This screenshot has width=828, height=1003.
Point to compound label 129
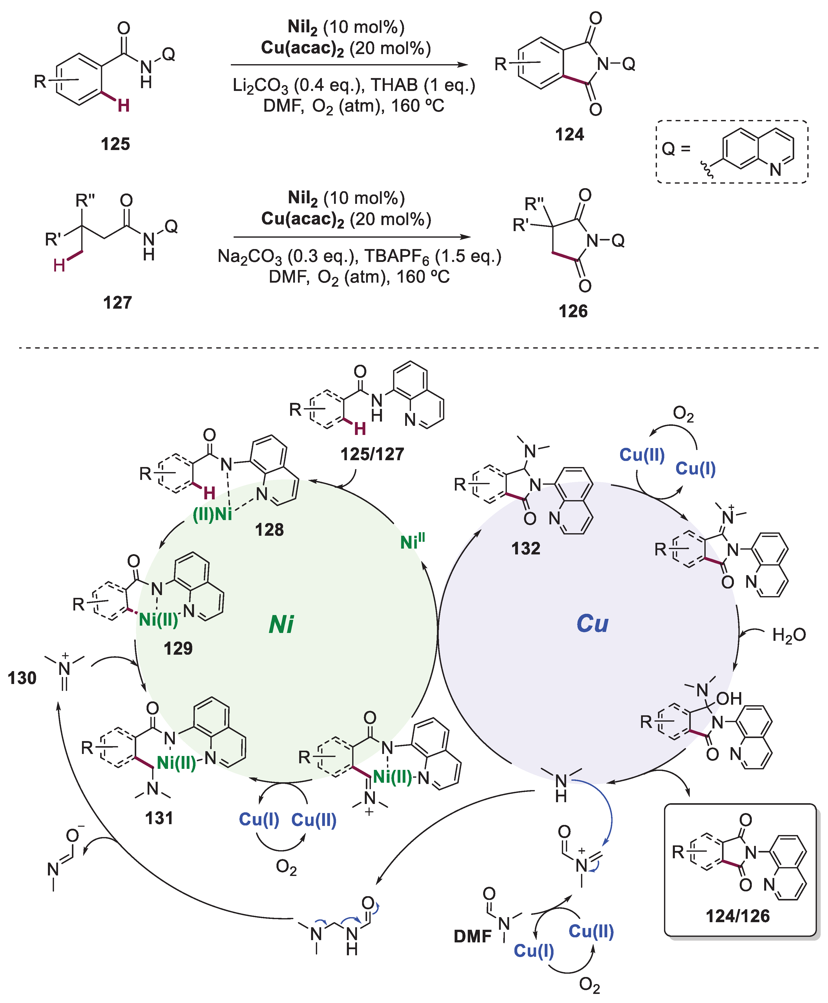178,648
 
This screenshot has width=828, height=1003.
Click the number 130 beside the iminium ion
22,678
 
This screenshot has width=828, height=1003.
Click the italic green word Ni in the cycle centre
281,624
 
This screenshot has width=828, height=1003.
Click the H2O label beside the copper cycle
789,635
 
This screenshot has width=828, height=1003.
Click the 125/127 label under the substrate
372,454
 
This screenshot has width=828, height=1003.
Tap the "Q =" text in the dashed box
676,149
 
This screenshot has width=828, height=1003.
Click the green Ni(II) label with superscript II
412,542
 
